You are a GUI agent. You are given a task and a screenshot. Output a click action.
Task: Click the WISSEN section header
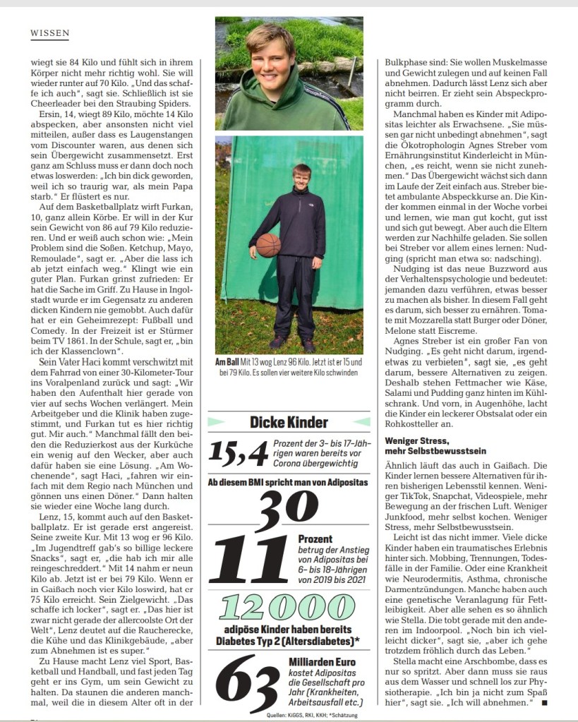pos(49,32)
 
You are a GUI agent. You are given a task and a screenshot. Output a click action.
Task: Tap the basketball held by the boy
pos(268,245)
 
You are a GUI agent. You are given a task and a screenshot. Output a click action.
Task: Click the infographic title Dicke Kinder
pos(289,422)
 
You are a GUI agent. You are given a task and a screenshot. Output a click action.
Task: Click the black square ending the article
pos(546,703)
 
